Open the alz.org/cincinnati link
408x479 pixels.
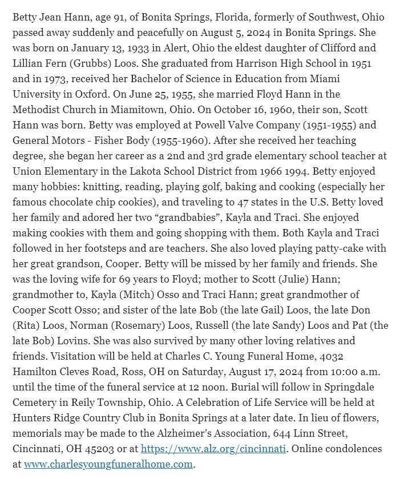coord(213,449)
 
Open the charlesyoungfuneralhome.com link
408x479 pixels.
coord(108,464)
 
